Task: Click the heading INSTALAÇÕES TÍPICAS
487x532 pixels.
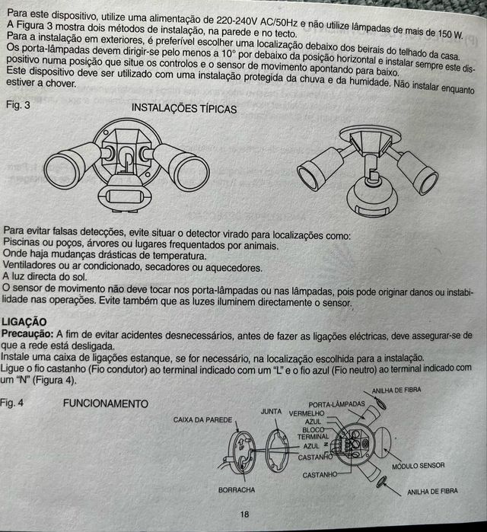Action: pyautogui.click(x=184, y=109)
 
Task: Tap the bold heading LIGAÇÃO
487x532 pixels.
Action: pyautogui.click(x=25, y=323)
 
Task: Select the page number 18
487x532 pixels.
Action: pyautogui.click(x=244, y=514)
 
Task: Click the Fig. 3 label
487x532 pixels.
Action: pyautogui.click(x=17, y=104)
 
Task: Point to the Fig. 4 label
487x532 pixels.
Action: pyautogui.click(x=17, y=402)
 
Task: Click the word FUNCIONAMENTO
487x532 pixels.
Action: pyautogui.click(x=105, y=402)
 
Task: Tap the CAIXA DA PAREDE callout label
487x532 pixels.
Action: pyautogui.click(x=202, y=419)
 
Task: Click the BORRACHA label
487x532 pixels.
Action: pyautogui.click(x=236, y=490)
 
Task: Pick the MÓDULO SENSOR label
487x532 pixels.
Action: pyautogui.click(x=418, y=465)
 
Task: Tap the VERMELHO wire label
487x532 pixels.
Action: pyautogui.click(x=307, y=413)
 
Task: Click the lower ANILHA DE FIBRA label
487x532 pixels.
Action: pyautogui.click(x=432, y=491)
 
